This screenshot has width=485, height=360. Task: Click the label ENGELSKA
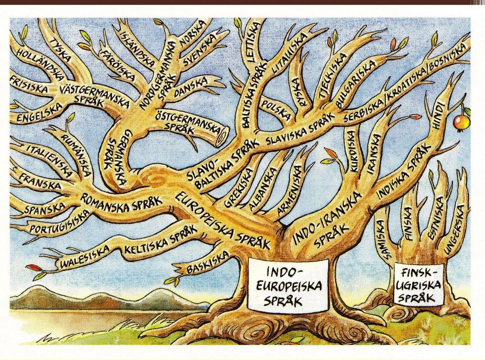coord(39,113)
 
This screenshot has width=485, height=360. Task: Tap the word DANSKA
coord(190,86)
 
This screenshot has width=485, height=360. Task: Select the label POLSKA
coord(276,110)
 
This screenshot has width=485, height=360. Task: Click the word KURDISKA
coord(352,151)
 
